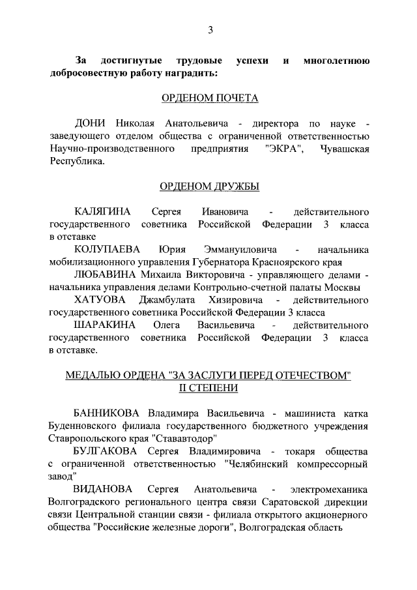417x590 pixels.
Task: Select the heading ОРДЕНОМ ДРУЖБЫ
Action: (210, 187)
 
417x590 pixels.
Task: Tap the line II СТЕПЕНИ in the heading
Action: (209, 388)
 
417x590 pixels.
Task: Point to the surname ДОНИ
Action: (91, 123)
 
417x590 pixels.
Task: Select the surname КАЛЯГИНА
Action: (103, 212)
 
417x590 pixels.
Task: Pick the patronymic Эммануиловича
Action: (240, 250)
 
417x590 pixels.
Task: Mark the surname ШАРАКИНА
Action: (104, 325)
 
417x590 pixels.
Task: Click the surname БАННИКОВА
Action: (108, 413)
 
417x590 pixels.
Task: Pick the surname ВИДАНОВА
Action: (103, 489)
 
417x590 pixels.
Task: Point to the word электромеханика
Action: (330, 489)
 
